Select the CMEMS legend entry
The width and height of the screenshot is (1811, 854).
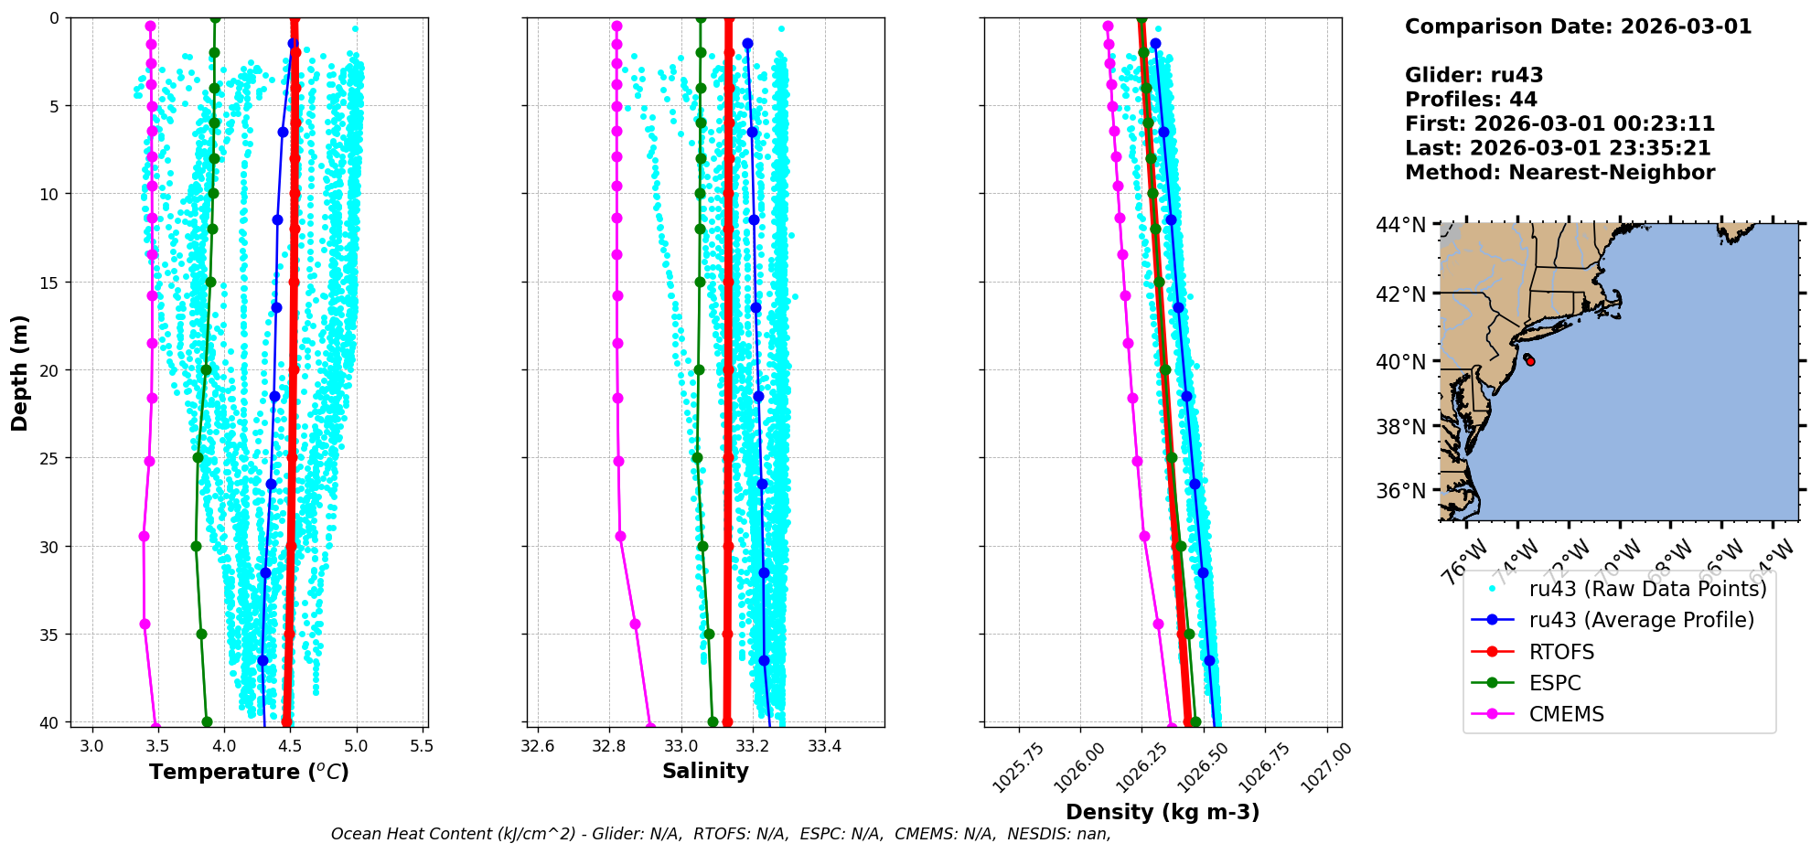(1566, 714)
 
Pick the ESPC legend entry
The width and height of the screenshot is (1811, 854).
(1554, 683)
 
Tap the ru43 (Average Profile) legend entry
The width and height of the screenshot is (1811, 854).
(1641, 620)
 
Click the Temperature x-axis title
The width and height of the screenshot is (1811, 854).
(249, 772)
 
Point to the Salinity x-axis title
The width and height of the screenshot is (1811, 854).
(705, 771)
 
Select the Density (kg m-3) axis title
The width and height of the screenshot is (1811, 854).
(1163, 812)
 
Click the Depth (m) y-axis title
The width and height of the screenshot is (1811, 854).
(20, 373)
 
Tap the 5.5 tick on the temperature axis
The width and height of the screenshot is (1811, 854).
(422, 746)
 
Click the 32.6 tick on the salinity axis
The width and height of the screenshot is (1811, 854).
(538, 746)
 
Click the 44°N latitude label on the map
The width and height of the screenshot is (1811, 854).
(1400, 225)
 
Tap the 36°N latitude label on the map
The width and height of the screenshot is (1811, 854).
(1400, 491)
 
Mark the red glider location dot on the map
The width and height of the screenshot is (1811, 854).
(1530, 361)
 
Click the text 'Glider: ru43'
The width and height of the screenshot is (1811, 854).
(1473, 75)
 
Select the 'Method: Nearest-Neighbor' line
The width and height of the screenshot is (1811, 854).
(1559, 172)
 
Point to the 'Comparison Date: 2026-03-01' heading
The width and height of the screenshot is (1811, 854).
(1578, 27)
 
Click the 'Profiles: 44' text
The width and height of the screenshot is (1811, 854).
(1471, 100)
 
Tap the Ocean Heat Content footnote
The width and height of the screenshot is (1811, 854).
(721, 834)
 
